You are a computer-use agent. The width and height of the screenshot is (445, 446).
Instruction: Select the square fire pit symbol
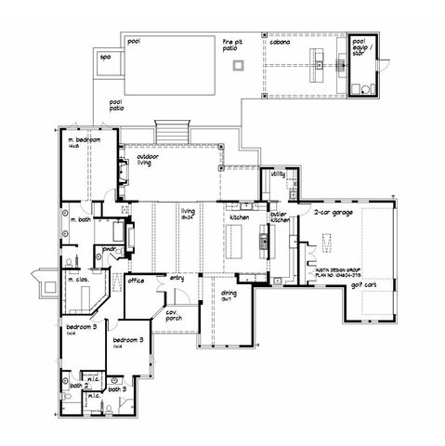tap(239, 65)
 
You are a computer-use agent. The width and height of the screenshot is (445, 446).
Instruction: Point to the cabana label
tap(280, 42)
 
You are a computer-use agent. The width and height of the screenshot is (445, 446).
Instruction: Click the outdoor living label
tap(148, 160)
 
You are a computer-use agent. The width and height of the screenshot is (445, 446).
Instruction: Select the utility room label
tap(278, 174)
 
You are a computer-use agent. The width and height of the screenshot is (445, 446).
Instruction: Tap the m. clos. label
tap(76, 278)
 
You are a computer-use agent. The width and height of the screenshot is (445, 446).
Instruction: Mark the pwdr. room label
tap(108, 249)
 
